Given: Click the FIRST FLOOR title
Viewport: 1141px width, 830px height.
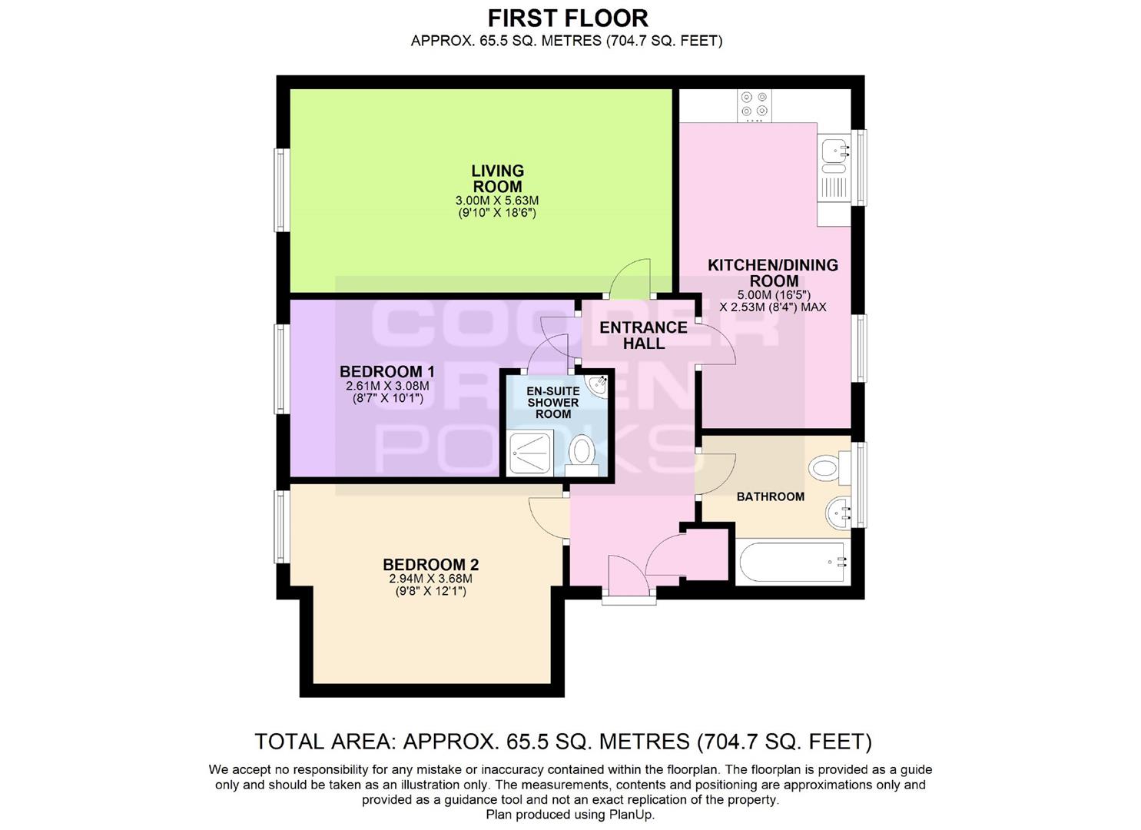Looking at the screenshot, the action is (568, 19).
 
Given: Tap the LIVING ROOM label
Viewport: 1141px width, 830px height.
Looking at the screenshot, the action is (498, 178).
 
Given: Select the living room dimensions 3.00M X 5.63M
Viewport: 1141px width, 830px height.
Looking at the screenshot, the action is (497, 201).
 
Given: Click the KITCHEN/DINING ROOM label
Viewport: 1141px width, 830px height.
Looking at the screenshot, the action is (773, 273).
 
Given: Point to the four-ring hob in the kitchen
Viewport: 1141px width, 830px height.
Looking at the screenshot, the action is (754, 105).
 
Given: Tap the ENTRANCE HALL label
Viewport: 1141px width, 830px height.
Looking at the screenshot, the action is (643, 335).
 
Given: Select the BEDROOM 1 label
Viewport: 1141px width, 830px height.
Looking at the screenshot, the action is (387, 371).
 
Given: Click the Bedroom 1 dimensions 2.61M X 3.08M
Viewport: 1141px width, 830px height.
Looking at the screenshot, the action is (388, 387).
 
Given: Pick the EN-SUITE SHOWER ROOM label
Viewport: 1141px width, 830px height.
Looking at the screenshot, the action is (553, 403).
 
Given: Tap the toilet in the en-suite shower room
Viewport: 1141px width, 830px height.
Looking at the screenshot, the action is (582, 456).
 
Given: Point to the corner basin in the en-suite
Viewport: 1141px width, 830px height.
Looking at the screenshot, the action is (596, 385).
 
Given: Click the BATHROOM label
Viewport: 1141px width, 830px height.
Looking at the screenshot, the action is (771, 496).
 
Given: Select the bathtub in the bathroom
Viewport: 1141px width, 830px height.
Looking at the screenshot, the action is (793, 563).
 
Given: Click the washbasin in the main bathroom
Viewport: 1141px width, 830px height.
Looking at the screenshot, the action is (838, 513).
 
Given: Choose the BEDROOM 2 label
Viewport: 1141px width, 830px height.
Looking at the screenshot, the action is (430, 565).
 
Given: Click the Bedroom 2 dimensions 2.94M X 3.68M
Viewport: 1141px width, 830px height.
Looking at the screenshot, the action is (430, 579).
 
